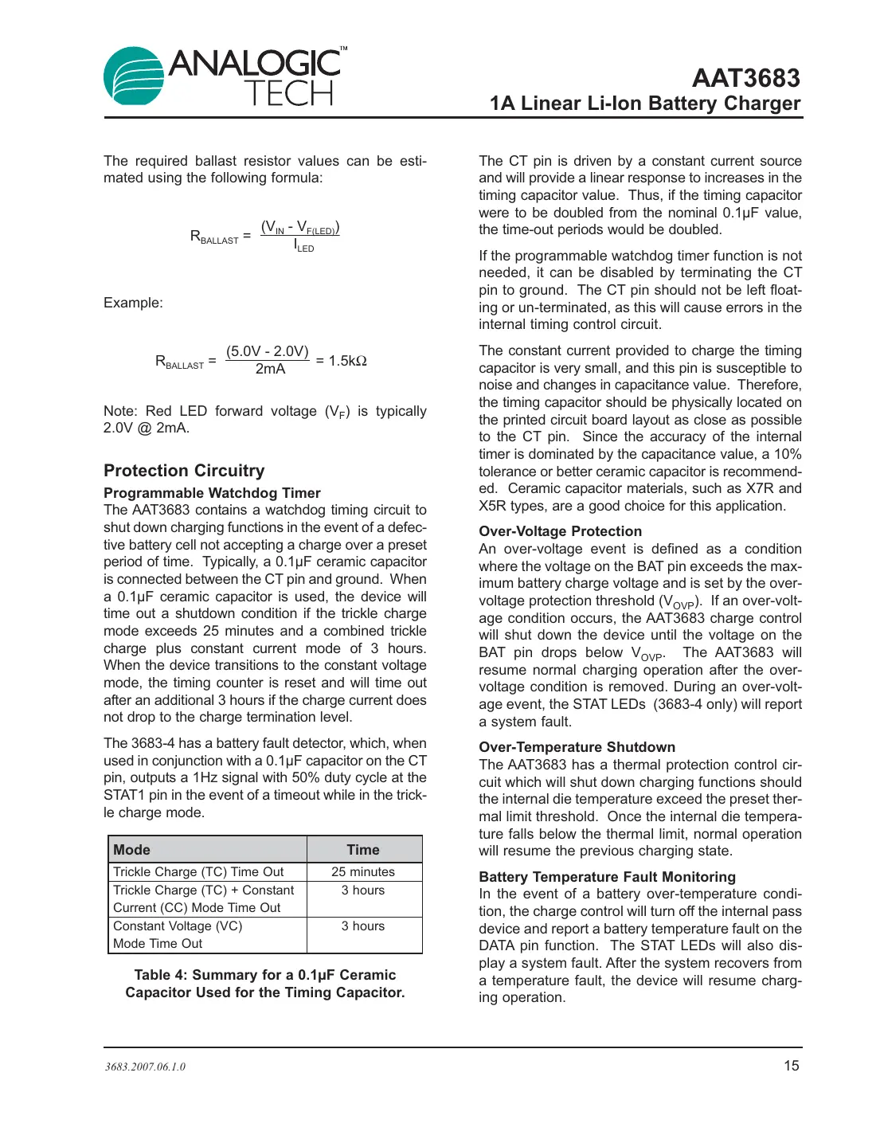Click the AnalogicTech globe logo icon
[x=134, y=76]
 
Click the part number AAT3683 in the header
[x=745, y=78]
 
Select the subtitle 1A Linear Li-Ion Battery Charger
[x=645, y=104]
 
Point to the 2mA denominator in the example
[x=270, y=370]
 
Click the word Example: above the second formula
[x=133, y=303]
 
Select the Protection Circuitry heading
[x=184, y=471]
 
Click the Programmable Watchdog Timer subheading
[x=212, y=493]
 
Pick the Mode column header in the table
[x=132, y=850]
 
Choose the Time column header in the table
[x=363, y=850]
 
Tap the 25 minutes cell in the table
[x=363, y=872]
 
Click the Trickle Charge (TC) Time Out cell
[x=198, y=872]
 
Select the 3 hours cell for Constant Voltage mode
[x=363, y=926]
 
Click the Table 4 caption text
[x=265, y=984]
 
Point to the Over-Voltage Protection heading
[x=560, y=531]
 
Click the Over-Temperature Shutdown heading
[x=577, y=747]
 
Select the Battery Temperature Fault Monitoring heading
[x=607, y=877]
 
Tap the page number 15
[x=791, y=1066]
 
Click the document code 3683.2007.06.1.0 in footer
[x=145, y=1067]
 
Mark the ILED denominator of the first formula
[x=304, y=246]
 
